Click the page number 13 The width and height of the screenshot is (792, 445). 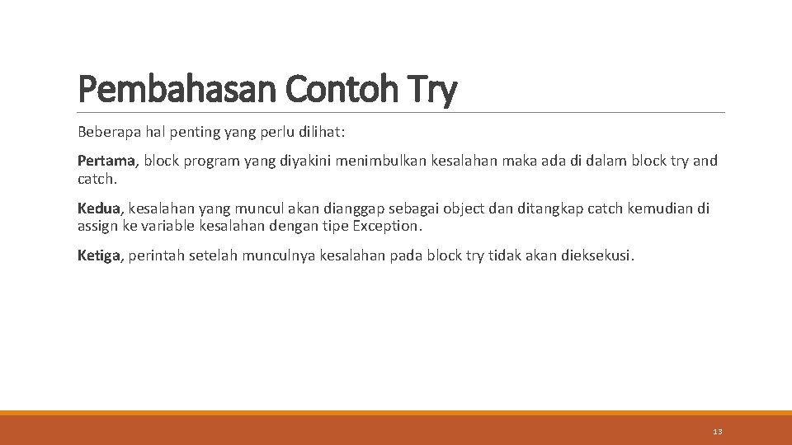pos(717,432)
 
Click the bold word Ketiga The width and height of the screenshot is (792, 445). pos(99,256)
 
